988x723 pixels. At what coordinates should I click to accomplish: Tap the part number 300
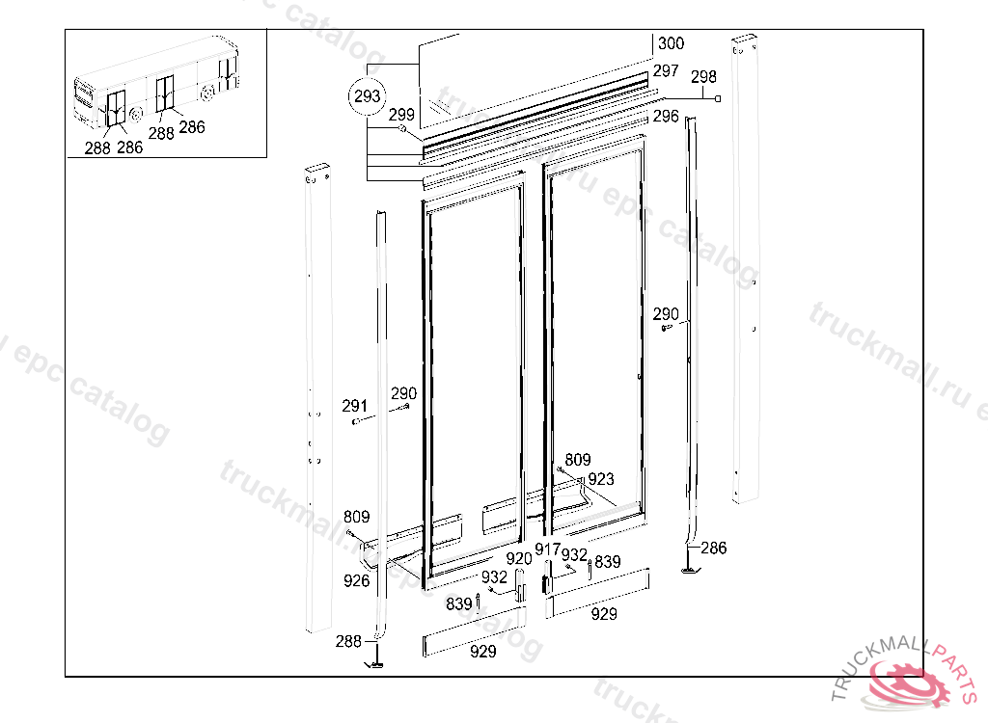(x=671, y=43)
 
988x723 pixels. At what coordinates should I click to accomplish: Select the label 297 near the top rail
(x=665, y=71)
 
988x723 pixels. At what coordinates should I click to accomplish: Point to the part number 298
(x=703, y=76)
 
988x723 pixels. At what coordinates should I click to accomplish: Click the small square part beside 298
(x=717, y=99)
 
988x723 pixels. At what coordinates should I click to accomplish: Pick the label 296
(x=666, y=117)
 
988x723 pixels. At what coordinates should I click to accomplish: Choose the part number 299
(x=401, y=114)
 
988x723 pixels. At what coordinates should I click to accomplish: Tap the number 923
(x=600, y=479)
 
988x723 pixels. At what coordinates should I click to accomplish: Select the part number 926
(x=356, y=580)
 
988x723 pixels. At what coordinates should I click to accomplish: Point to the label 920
(x=519, y=558)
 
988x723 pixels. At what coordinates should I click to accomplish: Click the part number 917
(x=548, y=549)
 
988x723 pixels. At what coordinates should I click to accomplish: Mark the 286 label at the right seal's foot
(x=713, y=549)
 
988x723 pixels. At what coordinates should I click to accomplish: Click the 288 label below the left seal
(x=348, y=641)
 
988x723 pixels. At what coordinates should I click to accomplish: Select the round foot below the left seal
(x=374, y=663)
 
